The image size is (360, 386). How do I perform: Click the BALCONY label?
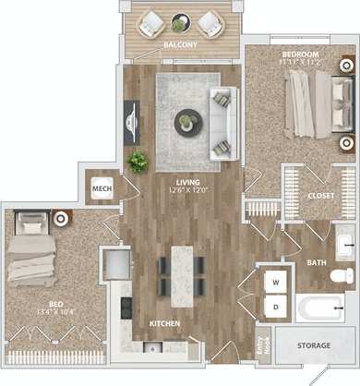click(x=178, y=44)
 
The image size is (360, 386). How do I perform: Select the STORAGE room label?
click(x=313, y=344)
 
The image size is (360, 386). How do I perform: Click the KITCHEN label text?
click(x=163, y=323)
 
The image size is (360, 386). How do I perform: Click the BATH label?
click(x=317, y=262)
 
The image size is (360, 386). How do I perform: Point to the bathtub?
click(x=318, y=308)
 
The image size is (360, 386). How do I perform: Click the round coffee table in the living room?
click(x=188, y=121)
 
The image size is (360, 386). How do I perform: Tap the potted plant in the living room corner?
click(x=138, y=162)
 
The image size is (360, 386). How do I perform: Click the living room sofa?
click(x=222, y=121)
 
